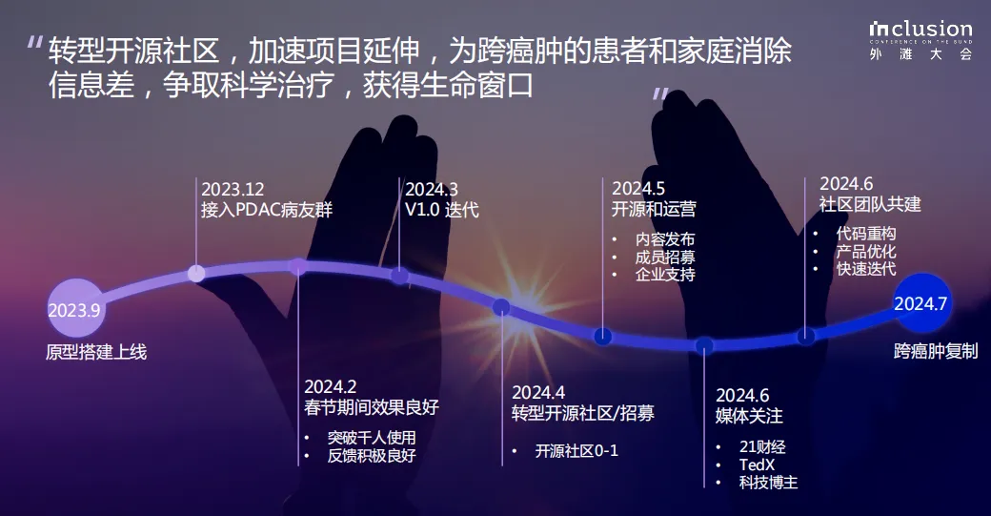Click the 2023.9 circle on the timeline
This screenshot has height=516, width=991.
point(75,308)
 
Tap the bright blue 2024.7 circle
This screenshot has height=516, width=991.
point(921,303)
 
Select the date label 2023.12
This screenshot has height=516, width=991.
point(233,189)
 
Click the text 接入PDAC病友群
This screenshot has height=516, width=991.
point(267,209)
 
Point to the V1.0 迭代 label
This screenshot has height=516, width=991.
point(442,209)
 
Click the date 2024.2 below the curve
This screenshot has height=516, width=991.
point(330,386)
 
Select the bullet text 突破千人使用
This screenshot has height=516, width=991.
point(372,437)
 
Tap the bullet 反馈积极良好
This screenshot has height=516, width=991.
point(372,455)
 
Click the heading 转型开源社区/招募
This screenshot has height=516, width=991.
point(583,413)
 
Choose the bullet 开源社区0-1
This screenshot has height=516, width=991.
point(576,450)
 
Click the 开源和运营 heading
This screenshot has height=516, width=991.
point(654,209)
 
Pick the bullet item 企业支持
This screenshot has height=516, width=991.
point(665,275)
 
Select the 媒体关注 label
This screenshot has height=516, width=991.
point(749,416)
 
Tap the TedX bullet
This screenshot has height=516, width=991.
point(757,464)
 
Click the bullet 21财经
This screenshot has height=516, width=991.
point(762,447)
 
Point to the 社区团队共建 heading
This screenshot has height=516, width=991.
point(870,204)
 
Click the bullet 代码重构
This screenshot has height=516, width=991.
point(866,234)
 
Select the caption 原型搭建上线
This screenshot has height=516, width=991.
point(96,352)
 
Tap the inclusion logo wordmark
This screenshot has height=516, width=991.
point(920,29)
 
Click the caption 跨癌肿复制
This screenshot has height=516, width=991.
point(936,351)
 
